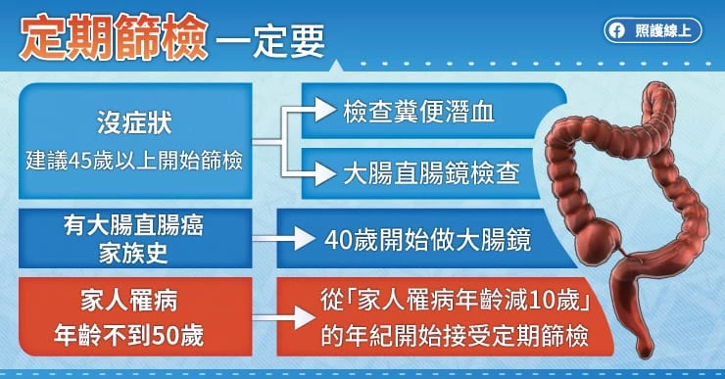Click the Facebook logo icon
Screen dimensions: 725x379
tap(616, 31)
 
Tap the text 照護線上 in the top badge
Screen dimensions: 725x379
tap(663, 31)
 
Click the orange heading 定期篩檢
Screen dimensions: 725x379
tap(114, 38)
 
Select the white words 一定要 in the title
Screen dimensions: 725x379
tap(270, 41)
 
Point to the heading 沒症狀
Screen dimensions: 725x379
tap(134, 122)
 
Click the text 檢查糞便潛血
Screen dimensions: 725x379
tap(418, 112)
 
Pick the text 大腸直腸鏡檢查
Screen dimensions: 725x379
tap(431, 173)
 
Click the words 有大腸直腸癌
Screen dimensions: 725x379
tap(133, 226)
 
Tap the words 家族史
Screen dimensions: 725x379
tap(133, 253)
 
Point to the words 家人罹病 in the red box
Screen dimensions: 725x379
tap(129, 302)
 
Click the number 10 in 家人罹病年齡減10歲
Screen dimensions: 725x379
tap(541, 301)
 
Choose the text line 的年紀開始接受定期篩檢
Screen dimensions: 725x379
tap(455, 336)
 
